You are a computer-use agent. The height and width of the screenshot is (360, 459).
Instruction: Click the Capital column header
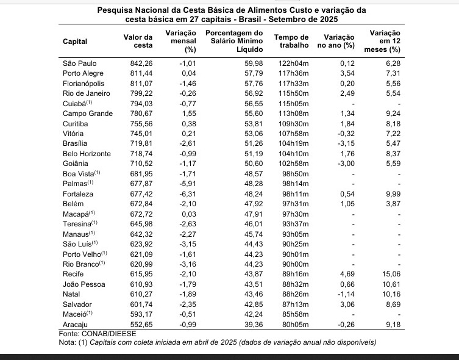pos(75,42)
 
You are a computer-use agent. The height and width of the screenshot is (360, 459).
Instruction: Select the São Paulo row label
pos(79,63)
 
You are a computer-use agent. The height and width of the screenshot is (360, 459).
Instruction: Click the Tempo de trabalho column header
pos(294,41)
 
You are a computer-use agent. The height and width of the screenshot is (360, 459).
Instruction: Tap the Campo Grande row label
pos(85,113)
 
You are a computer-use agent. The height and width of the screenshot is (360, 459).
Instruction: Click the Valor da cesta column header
pos(137,41)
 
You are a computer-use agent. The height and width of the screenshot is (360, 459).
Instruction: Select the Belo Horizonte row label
pos(87,153)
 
